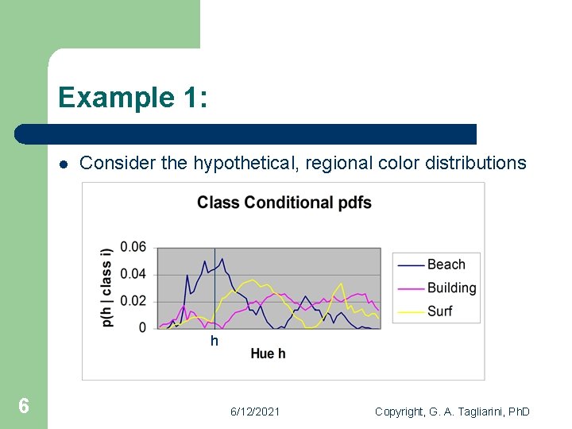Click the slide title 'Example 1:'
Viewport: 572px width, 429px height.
[133, 98]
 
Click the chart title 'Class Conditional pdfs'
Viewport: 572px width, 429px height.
[284, 203]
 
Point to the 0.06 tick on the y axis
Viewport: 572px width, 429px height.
[133, 247]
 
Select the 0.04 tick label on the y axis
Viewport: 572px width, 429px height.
[133, 274]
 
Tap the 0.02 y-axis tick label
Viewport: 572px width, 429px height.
[133, 300]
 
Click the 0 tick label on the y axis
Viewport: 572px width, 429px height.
[142, 327]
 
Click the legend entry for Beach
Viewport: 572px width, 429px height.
[446, 265]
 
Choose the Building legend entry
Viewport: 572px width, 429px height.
[451, 288]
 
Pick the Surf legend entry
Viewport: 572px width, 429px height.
[439, 311]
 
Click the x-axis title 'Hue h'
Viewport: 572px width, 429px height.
[268, 354]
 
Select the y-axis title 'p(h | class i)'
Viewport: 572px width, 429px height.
[106, 287]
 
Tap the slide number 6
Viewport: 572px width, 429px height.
[24, 407]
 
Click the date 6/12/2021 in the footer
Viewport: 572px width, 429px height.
[254, 412]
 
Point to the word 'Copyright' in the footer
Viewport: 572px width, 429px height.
[400, 412]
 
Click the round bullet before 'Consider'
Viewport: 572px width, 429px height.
[63, 164]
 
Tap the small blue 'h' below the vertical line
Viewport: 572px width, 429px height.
[214, 342]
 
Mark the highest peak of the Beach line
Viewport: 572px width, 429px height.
[222, 258]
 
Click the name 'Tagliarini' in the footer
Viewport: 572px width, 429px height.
[478, 412]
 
